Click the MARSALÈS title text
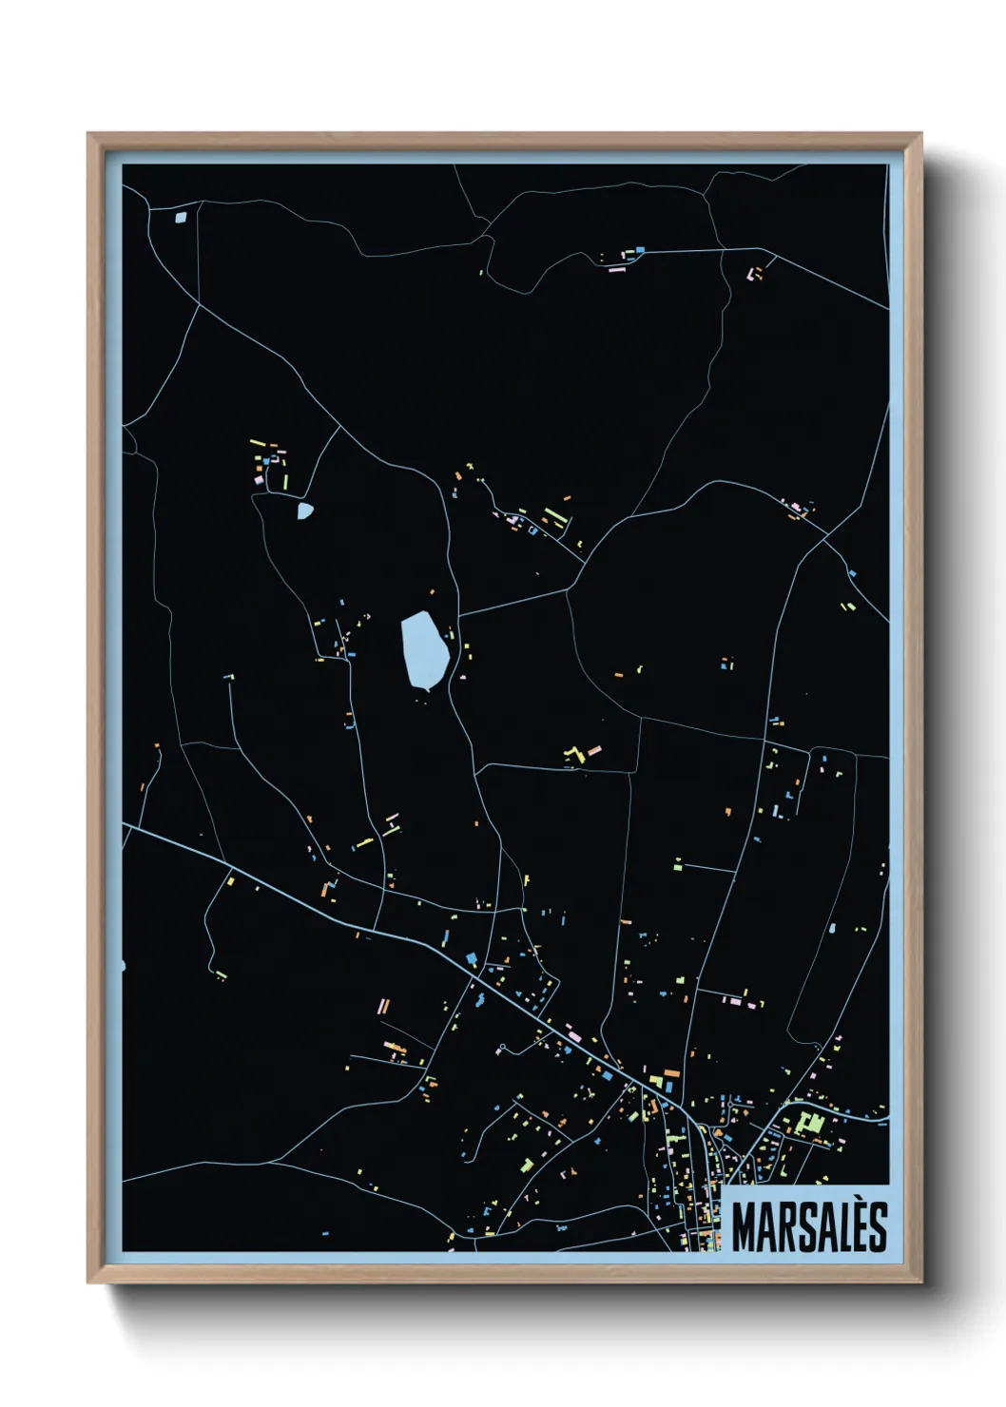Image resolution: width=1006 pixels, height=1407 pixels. [809, 1226]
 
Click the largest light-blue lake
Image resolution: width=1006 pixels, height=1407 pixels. [424, 649]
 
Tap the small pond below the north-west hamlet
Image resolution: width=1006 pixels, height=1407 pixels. [304, 511]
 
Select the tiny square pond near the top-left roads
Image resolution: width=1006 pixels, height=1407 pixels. [182, 217]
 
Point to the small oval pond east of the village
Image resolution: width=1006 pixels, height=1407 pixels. [833, 928]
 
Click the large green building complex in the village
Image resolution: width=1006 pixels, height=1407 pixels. [810, 1124]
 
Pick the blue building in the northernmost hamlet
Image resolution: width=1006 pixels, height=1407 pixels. [641, 249]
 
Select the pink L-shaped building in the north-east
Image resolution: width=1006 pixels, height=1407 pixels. [756, 274]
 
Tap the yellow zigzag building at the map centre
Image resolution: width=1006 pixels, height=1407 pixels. [573, 755]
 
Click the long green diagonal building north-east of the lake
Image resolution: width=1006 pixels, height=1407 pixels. [554, 518]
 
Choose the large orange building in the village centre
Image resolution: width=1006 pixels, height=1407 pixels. [670, 1084]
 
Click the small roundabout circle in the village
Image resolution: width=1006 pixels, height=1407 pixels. [501, 1050]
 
